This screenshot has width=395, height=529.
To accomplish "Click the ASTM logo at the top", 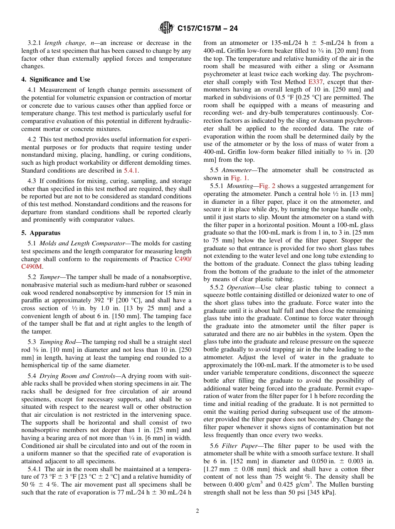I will [x=166, y=28].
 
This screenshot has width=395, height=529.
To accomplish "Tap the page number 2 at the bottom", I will [x=197, y=511].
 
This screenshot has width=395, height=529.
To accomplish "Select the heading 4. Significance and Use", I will [x=56, y=79].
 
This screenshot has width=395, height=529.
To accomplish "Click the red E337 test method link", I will [x=316, y=82].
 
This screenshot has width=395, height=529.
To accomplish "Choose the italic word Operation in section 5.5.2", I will [x=242, y=287].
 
